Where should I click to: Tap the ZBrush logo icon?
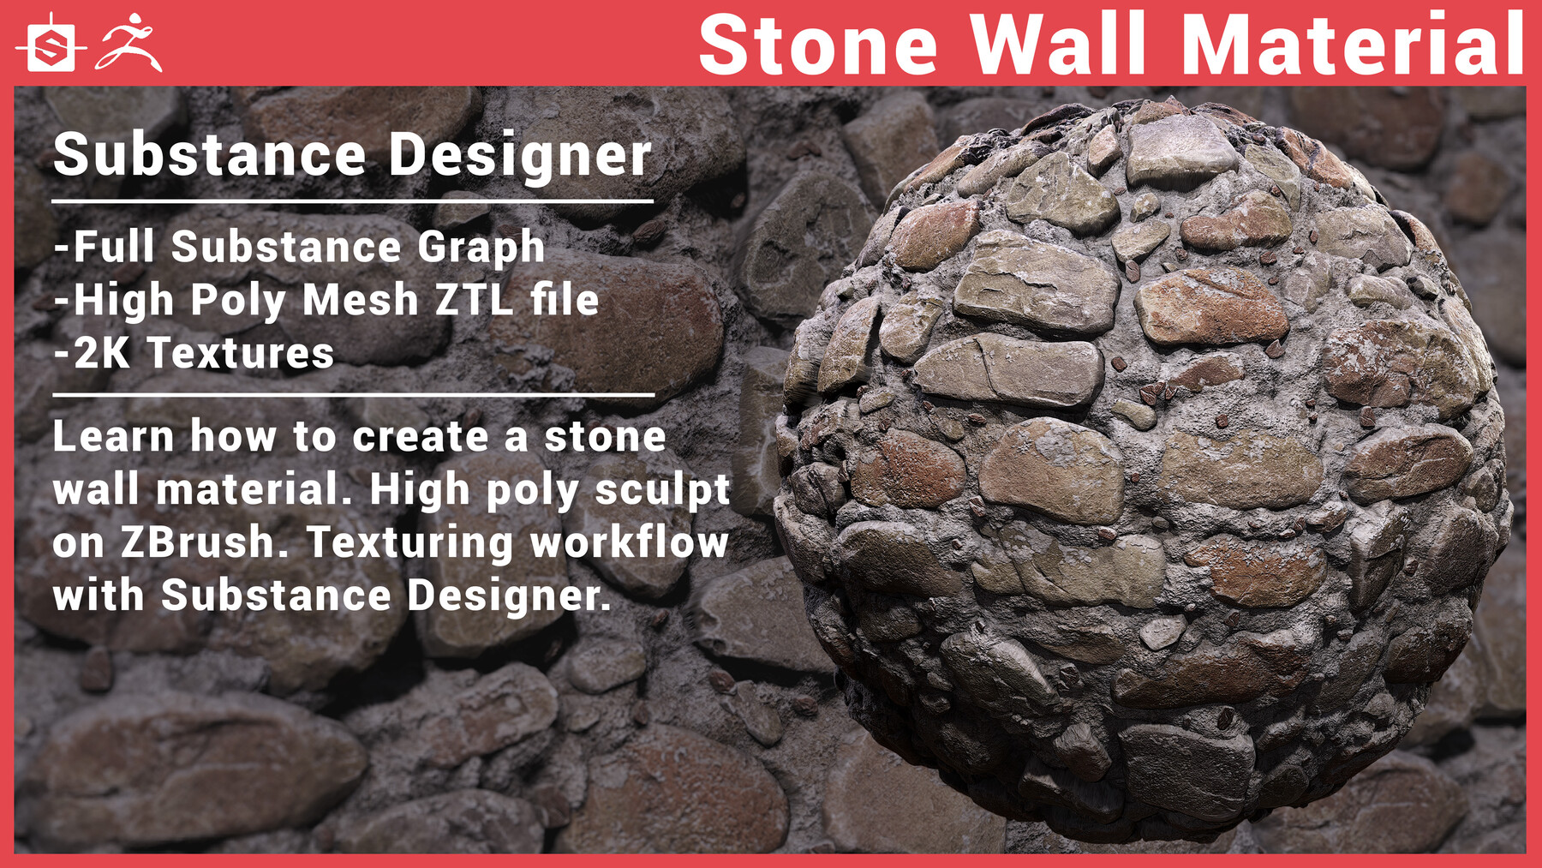pyautogui.click(x=128, y=43)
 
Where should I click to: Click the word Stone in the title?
pyautogui.click(x=818, y=45)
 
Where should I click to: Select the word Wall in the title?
pyautogui.click(x=1058, y=45)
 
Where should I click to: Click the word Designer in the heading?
pyautogui.click(x=520, y=156)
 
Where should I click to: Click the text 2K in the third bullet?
pyautogui.click(x=102, y=353)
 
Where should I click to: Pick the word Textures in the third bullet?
pyautogui.click(x=240, y=353)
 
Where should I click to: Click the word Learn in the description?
pyautogui.click(x=113, y=436)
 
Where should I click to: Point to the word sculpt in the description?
pyautogui.click(x=662, y=491)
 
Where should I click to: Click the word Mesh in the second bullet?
pyautogui.click(x=360, y=301)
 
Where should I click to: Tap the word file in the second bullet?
pyautogui.click(x=565, y=301)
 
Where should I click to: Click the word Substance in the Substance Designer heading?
pyautogui.click(x=210, y=156)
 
